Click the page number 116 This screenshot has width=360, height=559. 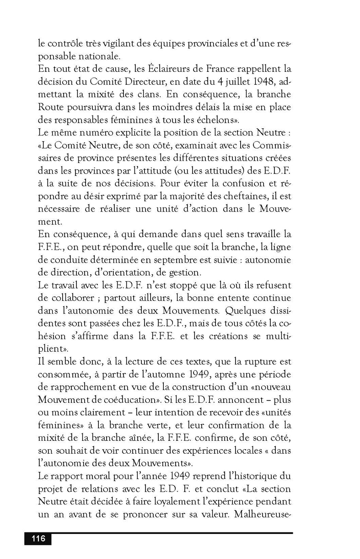pyautogui.click(x=38, y=538)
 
